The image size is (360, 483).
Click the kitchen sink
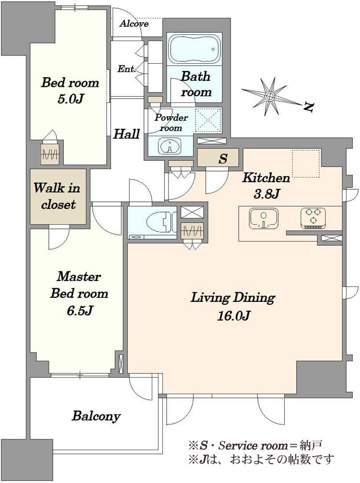264,219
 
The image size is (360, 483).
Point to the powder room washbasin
169,146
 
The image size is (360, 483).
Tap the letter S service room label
223,158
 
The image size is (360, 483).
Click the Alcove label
134,24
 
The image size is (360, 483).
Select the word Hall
127,134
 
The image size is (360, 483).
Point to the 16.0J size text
233,316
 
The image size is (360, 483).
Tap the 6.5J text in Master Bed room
80,311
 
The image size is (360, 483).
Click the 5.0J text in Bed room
71,99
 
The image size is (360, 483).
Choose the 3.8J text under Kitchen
266,194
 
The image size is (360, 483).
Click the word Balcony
96,416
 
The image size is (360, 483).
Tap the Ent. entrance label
127,69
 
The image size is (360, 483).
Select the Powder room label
171,123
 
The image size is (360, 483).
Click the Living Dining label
233,298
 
